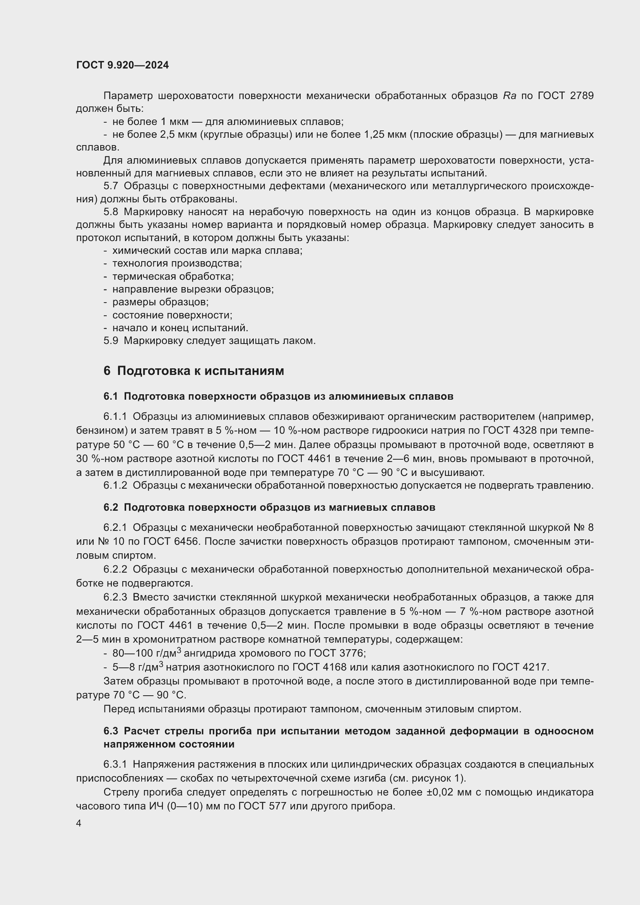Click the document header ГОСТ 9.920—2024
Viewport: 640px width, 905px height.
point(123,65)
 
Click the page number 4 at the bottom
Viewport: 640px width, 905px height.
point(79,823)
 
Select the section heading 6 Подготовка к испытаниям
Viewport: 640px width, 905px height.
point(193,371)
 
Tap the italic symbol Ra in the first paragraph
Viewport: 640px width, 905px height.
point(510,96)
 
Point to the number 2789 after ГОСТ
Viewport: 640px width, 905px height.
point(582,96)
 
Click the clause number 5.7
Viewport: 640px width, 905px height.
point(111,186)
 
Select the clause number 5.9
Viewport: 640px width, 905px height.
point(111,340)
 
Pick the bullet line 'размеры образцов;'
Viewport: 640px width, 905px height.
point(161,302)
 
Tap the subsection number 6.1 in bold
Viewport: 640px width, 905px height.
point(111,397)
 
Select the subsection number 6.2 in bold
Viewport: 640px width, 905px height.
point(111,507)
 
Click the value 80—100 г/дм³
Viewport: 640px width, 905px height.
point(147,653)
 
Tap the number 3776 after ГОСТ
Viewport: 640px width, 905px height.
point(351,653)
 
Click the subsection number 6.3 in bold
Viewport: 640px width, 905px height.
point(111,731)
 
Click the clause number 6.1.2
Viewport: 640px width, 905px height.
point(115,486)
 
